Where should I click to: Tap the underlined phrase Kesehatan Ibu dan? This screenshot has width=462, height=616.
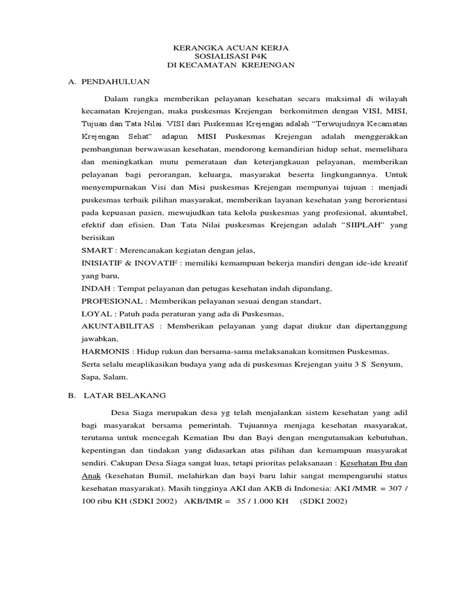pos(373,463)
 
